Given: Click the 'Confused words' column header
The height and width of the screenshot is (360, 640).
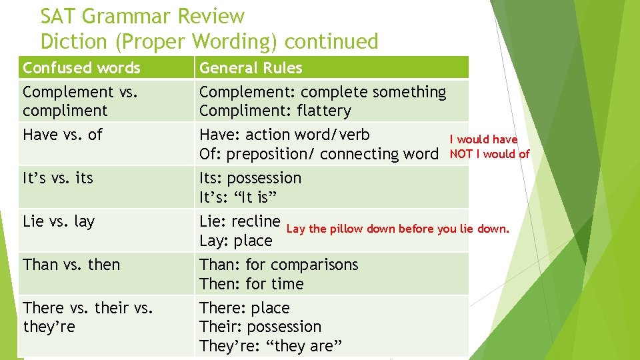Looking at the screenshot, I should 81,68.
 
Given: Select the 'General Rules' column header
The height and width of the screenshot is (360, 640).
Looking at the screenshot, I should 251,68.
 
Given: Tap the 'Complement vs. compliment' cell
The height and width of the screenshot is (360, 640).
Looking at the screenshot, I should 80,101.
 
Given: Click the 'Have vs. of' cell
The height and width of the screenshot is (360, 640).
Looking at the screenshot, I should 63,135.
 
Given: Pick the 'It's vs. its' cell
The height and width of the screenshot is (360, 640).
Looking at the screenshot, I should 58,178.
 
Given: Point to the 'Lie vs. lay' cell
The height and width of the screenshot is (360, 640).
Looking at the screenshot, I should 59,221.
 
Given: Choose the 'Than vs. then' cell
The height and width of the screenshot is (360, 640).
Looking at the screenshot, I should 71,265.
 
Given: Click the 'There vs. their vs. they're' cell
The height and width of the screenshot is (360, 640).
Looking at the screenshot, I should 88,317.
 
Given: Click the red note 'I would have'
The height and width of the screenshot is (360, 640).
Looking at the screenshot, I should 483,139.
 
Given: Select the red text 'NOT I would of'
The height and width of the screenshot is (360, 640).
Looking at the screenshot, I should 489,154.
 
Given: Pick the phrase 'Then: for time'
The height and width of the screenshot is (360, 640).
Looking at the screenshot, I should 251,284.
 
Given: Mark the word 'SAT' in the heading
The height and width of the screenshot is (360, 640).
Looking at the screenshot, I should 57,15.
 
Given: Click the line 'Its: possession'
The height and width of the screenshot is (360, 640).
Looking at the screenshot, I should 250,178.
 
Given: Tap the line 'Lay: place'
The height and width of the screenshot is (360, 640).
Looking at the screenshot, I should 236,241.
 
